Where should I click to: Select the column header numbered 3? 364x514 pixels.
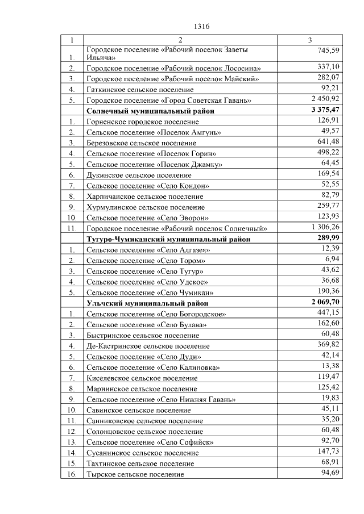pos(309,40)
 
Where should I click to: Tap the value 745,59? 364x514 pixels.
pos(328,51)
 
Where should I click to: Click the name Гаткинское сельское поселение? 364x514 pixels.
pos(140,89)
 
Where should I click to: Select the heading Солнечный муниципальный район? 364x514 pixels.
pos(150,111)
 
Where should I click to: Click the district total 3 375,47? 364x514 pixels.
pos(324,110)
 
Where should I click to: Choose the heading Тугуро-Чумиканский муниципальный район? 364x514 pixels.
pos(168,239)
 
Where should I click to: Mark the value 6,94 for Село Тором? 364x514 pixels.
pos(330,259)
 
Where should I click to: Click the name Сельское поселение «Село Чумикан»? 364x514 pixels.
pos(150,292)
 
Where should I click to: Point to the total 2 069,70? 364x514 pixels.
pos(324,302)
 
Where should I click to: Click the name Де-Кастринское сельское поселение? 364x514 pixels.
pos(148,345)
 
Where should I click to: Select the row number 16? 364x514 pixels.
pos(72,474)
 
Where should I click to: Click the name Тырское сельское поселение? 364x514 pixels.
pos(135,474)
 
